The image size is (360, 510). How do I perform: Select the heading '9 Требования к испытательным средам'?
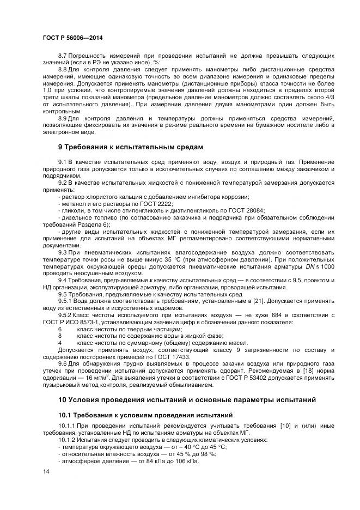130,147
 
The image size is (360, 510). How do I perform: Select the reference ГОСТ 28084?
247,210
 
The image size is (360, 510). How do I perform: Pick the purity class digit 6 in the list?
59,329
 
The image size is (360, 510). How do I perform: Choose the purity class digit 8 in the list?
59,336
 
